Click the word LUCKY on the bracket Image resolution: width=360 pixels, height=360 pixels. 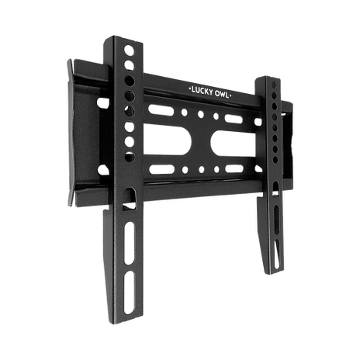coord(202,92)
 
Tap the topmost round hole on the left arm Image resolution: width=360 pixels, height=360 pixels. coord(129,50)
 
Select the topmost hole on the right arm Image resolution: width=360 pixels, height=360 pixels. coord(274,85)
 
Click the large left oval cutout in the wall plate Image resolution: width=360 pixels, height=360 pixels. coord(168,140)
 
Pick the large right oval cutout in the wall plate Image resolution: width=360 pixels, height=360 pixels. coord(233,144)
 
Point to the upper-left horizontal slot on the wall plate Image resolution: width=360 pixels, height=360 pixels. coord(161,110)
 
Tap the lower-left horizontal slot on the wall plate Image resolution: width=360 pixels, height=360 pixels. coord(162,169)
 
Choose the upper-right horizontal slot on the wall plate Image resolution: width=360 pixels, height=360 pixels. coord(234,119)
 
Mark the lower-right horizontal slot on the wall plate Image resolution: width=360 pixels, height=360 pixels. coord(234,169)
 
